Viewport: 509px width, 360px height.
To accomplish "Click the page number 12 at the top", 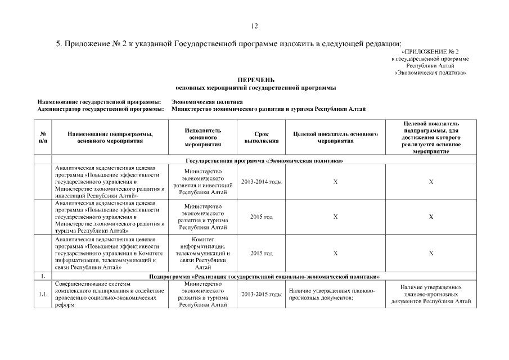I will coord(254,26).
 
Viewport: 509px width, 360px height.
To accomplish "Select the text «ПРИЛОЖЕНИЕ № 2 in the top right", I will coord(434,52).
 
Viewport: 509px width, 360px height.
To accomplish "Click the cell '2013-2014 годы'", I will coord(261,182).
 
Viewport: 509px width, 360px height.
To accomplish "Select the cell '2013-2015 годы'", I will coord(261,294).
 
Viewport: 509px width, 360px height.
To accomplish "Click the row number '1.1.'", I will coord(43,294).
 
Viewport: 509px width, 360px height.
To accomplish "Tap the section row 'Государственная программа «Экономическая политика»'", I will coord(264,161).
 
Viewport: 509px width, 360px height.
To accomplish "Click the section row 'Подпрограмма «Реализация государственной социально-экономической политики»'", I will coord(264,277).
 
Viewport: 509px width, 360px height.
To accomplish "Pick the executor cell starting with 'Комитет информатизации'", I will coord(202,253).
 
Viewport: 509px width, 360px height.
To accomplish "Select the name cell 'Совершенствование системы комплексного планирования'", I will coord(110,294).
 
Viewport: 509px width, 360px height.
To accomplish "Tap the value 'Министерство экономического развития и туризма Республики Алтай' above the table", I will coord(268,109).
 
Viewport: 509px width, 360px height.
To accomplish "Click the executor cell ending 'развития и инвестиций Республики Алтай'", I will coord(202,182).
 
